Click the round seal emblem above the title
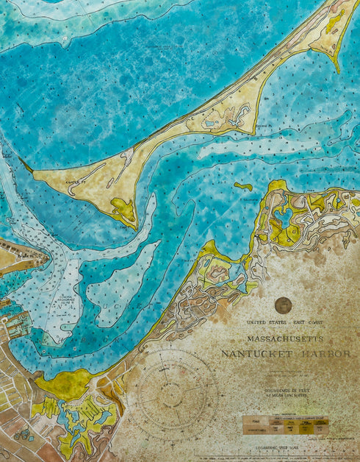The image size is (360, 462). (283, 305)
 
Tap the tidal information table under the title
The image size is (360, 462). (286, 425)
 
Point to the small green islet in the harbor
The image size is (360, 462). (243, 186)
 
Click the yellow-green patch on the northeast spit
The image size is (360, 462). (335, 22)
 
